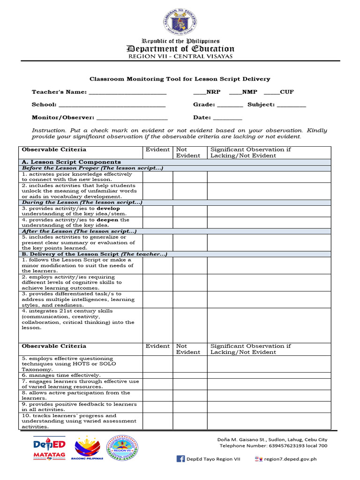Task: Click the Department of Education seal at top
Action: (x=180, y=21)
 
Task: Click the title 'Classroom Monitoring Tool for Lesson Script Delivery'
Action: (x=180, y=79)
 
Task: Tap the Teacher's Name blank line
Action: (x=127, y=93)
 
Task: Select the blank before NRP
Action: (x=199, y=93)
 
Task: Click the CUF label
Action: (x=287, y=92)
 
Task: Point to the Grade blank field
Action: (x=230, y=106)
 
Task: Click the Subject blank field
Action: (x=291, y=106)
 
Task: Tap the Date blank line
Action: (x=227, y=119)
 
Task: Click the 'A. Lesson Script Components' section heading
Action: (x=70, y=162)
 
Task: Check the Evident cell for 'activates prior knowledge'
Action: (x=157, y=177)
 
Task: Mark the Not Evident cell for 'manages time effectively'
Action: (x=189, y=375)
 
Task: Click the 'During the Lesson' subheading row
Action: (x=82, y=202)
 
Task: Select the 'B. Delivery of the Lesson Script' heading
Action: (x=94, y=254)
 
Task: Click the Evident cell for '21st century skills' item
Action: (x=157, y=325)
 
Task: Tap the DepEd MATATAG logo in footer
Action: (x=49, y=448)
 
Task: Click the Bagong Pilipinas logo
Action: (x=88, y=448)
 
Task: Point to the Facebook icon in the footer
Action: (x=180, y=459)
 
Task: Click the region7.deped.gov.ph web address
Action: (x=290, y=459)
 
